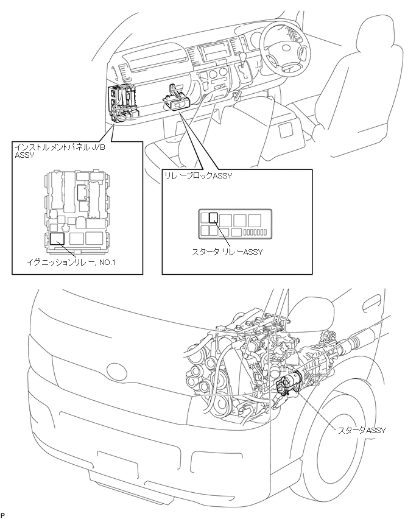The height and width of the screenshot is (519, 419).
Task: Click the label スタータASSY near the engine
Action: tap(361, 430)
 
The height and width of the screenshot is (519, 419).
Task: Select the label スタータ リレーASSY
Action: tap(227, 252)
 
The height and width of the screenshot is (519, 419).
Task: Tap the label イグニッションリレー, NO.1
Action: tap(71, 263)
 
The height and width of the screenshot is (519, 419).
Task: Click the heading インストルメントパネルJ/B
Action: tap(60, 147)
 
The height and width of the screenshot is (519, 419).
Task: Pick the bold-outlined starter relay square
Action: tap(214, 217)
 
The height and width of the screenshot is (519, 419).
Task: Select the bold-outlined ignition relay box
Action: tap(57, 238)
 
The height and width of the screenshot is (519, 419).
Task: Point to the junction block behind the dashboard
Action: tap(122, 103)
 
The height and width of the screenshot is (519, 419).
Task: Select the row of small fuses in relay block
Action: tap(255, 232)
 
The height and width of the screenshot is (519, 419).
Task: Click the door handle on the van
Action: tap(371, 303)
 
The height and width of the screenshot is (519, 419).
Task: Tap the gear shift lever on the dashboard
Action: tap(245, 66)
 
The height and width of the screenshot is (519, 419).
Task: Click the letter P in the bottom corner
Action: tap(2, 515)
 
